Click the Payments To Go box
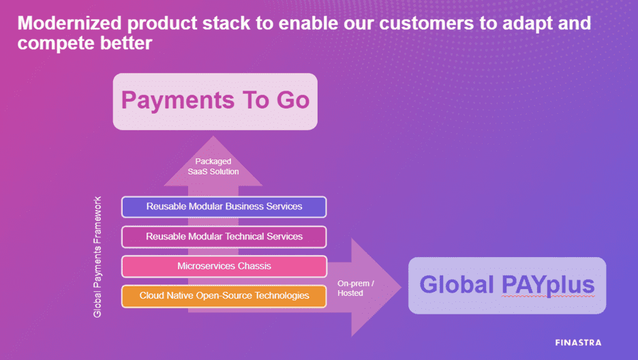tap(215, 102)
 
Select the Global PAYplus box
tap(507, 285)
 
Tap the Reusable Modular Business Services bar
tap(224, 207)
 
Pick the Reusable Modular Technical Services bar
tap(224, 237)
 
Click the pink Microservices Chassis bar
tap(224, 267)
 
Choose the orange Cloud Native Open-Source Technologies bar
tap(224, 296)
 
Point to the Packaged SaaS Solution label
tap(213, 166)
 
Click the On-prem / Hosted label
tap(355, 288)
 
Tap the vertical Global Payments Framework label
tap(97, 257)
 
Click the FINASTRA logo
tap(578, 342)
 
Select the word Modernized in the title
tap(70, 23)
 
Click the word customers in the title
tap(427, 24)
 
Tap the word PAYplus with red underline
tap(548, 285)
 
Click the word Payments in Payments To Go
tap(178, 100)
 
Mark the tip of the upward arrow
tap(213, 136)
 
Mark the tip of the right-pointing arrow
tap(401, 287)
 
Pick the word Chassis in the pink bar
tap(254, 266)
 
